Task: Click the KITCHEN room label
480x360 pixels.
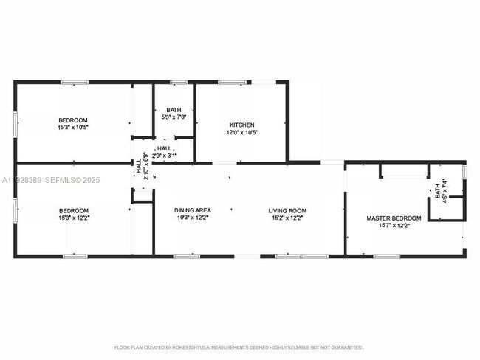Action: [x=241, y=125]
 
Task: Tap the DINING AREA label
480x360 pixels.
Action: [x=192, y=210]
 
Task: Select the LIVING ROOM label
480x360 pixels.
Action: [x=287, y=210]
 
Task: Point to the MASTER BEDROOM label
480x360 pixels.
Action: [x=394, y=218]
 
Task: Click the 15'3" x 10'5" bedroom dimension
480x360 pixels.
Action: [x=73, y=128]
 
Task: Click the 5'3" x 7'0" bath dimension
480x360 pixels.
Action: [x=174, y=117]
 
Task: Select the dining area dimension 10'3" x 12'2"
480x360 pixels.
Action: [x=192, y=218]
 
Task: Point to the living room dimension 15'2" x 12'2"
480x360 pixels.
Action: [x=287, y=218]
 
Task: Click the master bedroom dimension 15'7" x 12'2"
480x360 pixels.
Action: [x=394, y=226]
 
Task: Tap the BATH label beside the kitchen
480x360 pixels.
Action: [x=174, y=110]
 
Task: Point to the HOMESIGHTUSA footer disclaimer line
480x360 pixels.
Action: [x=239, y=347]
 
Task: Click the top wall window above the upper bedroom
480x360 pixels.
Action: [x=75, y=82]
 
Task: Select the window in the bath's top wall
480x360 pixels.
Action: [x=179, y=82]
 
